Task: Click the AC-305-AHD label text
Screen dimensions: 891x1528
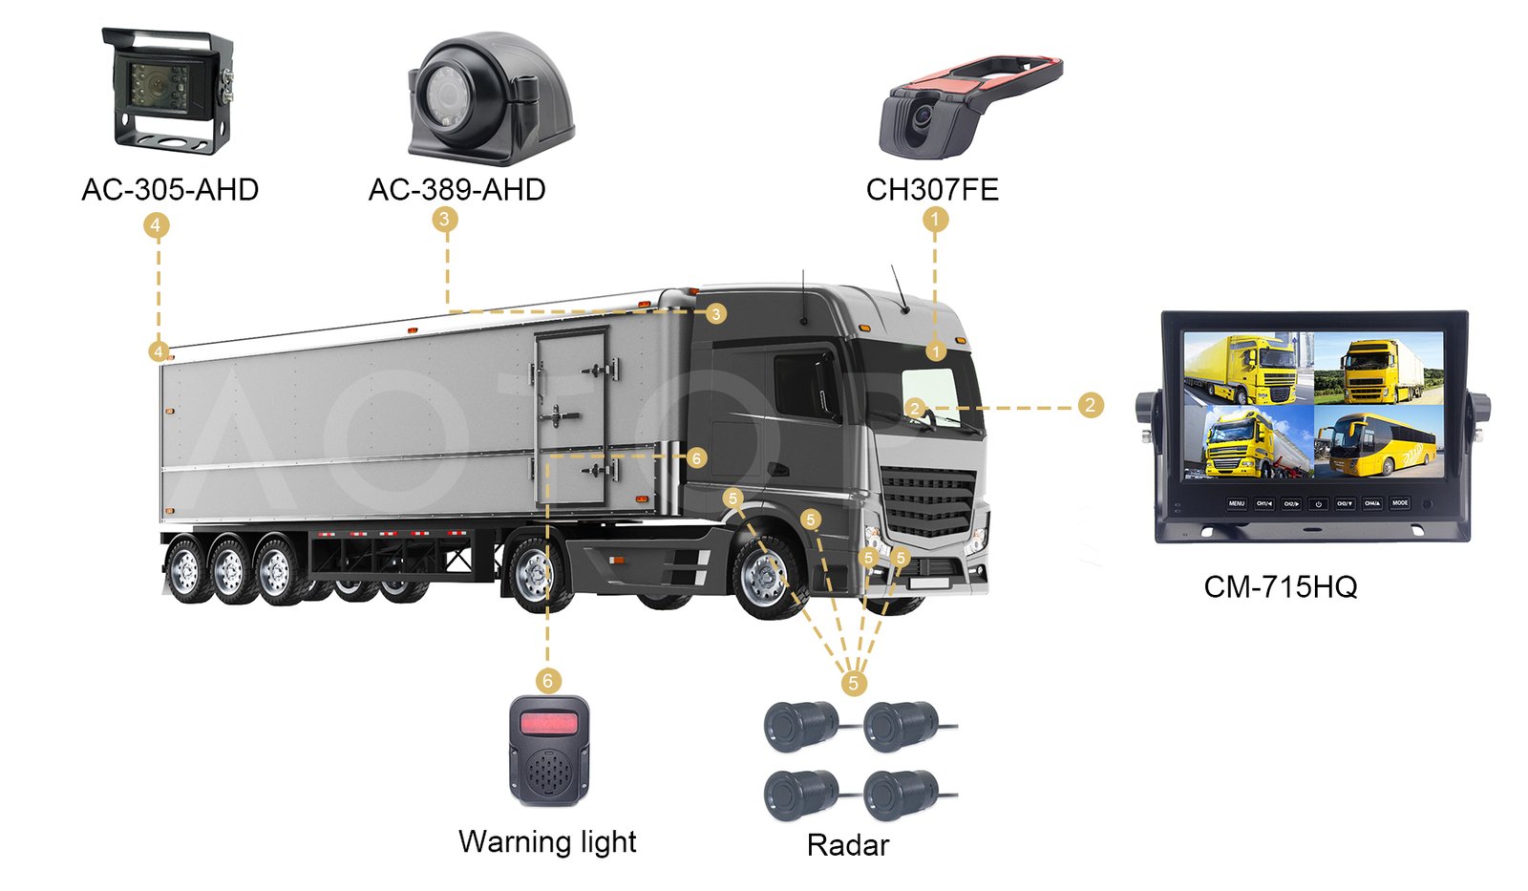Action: (170, 190)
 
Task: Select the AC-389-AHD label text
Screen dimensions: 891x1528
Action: (456, 190)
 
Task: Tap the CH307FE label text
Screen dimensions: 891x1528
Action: (932, 190)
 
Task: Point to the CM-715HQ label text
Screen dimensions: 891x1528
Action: (1280, 586)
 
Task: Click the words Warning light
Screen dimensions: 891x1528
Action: (547, 841)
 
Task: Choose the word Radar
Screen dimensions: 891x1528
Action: (847, 845)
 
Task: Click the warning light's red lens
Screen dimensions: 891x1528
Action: (548, 722)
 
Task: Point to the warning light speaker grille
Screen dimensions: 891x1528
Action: (547, 774)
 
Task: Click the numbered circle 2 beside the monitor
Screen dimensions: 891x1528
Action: (1090, 405)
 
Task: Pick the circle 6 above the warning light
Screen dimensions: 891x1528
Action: (547, 681)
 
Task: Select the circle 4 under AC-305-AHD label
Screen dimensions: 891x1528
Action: (156, 225)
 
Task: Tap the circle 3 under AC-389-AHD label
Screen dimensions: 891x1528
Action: (443, 220)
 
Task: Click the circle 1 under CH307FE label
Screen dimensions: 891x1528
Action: (935, 220)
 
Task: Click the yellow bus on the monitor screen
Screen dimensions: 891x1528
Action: (1379, 443)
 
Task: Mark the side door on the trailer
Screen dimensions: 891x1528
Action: (571, 418)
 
